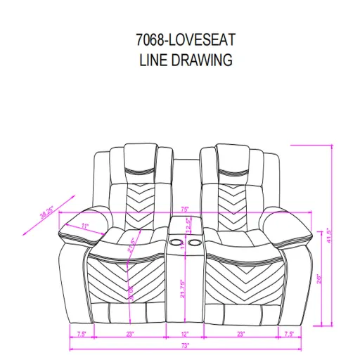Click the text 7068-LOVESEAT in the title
pyautogui.click(x=184, y=40)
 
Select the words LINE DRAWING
pyautogui.click(x=184, y=60)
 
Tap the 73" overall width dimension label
pyautogui.click(x=184, y=347)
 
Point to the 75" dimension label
pyautogui.click(x=184, y=209)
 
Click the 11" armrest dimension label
pyautogui.click(x=84, y=226)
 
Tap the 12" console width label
pyautogui.click(x=185, y=335)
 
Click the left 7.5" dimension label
pyautogui.click(x=81, y=335)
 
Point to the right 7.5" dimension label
pyautogui.click(x=288, y=335)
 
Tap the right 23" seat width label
pyautogui.click(x=240, y=335)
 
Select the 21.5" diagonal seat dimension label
pyautogui.click(x=131, y=244)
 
